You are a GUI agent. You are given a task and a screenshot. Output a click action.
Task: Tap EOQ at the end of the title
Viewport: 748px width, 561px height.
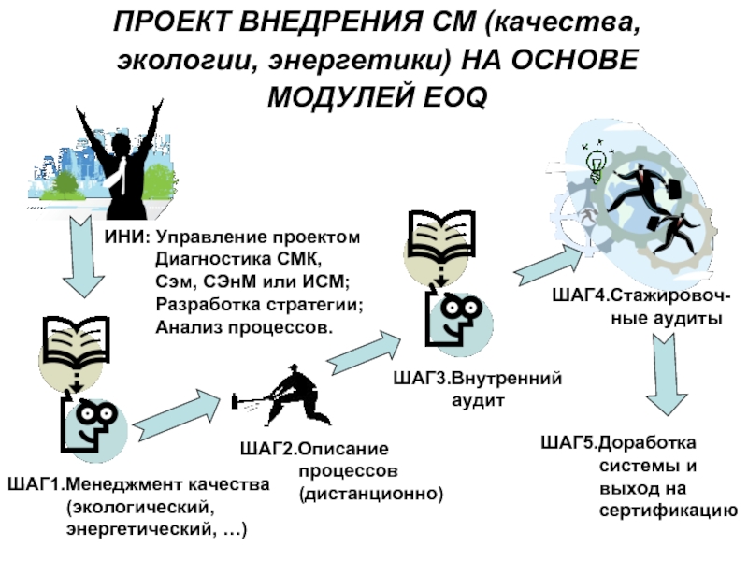(452, 95)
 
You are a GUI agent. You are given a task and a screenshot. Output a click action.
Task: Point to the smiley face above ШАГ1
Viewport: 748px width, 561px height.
(91, 424)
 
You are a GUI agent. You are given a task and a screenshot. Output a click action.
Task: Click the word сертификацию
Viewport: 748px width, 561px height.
(669, 511)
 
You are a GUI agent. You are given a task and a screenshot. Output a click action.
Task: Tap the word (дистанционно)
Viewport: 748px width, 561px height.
(369, 492)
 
